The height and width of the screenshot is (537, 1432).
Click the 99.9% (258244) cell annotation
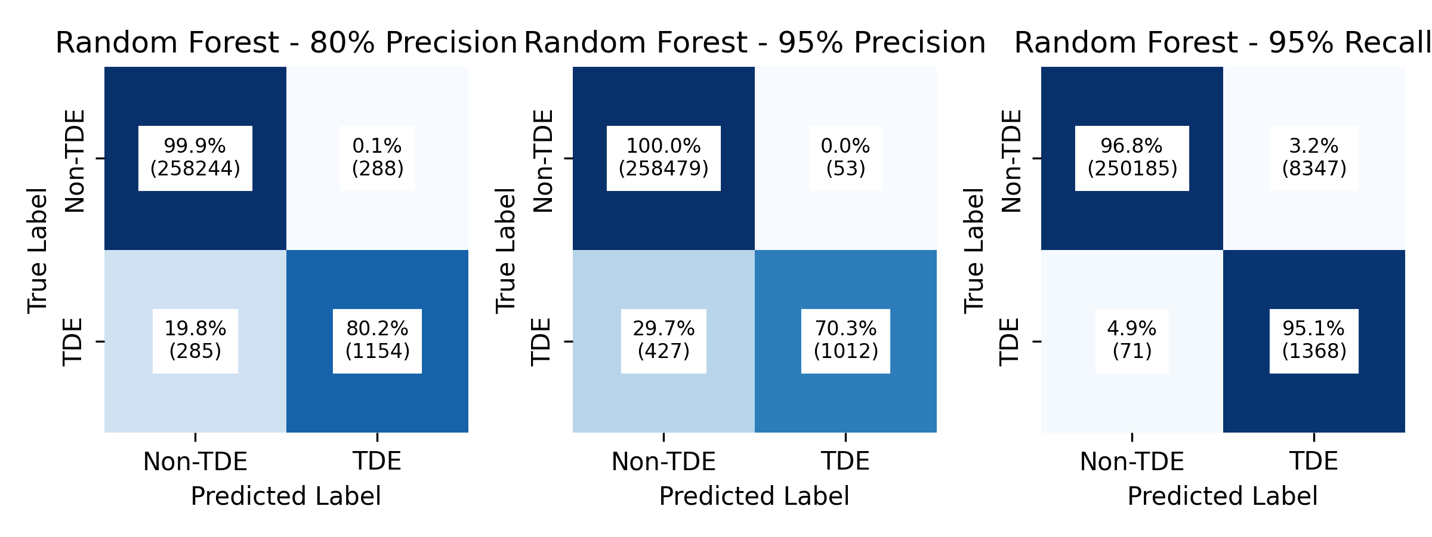(195, 158)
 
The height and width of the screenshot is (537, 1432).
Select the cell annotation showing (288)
(377, 158)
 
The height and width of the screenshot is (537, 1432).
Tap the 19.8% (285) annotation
(195, 341)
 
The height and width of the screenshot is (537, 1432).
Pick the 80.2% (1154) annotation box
(377, 341)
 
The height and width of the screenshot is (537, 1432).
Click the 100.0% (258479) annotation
(663, 158)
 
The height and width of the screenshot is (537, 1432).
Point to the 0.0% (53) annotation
(845, 158)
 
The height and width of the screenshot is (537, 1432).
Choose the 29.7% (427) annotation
(663, 341)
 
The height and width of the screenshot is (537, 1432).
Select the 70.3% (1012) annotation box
(845, 341)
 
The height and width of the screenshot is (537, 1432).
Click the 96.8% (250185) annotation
(1132, 158)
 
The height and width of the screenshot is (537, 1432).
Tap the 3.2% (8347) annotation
(1314, 158)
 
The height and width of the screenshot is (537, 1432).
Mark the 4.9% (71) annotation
(1132, 341)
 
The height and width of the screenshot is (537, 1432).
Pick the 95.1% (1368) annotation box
(1314, 341)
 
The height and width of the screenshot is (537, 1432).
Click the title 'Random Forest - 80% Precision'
(286, 43)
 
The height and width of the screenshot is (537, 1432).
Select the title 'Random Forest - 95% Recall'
(1223, 43)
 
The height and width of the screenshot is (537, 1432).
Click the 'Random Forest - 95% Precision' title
(755, 43)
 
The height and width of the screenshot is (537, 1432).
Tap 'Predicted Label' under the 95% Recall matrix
(1223, 496)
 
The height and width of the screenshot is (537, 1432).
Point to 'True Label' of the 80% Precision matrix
(38, 250)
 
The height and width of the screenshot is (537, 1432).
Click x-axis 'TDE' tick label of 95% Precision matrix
(845, 462)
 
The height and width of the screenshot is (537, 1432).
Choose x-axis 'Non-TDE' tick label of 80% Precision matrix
(195, 462)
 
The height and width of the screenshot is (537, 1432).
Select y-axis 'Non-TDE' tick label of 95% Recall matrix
(1012, 161)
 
